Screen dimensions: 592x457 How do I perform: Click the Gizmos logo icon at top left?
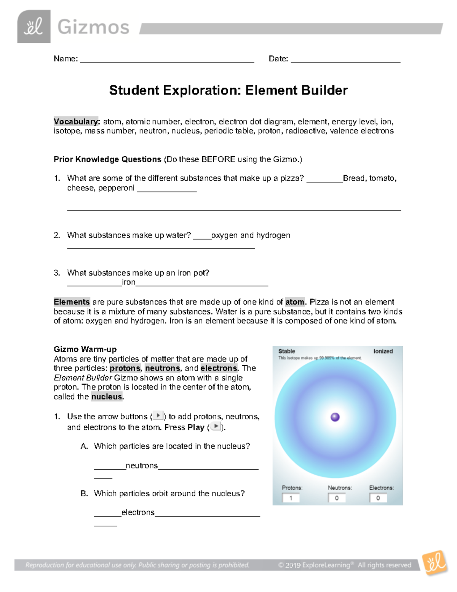click(x=34, y=27)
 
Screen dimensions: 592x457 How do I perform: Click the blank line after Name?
click(x=167, y=59)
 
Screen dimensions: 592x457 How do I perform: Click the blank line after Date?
click(x=345, y=59)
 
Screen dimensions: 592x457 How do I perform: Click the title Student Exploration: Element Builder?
click(x=228, y=90)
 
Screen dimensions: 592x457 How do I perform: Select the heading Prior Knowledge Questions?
click(x=107, y=159)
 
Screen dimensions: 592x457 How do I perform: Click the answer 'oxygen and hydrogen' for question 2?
click(x=251, y=235)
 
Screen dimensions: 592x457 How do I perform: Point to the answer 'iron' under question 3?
click(x=128, y=282)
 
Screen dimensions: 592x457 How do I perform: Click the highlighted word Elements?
click(x=72, y=302)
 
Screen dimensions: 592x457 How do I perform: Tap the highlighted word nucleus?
click(x=107, y=396)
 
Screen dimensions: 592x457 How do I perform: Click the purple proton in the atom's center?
click(x=335, y=417)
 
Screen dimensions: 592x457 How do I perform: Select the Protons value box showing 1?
click(x=291, y=498)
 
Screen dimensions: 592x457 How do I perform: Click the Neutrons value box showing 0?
click(x=337, y=498)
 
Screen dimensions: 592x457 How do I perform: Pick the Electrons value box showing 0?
click(x=378, y=498)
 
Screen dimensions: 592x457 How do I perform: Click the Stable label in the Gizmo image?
click(x=287, y=351)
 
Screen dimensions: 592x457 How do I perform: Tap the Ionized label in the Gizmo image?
click(x=383, y=351)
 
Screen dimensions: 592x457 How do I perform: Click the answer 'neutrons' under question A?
click(x=142, y=465)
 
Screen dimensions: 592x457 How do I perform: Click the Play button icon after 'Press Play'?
click(x=216, y=427)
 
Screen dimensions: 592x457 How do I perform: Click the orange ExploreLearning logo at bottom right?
click(x=435, y=562)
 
